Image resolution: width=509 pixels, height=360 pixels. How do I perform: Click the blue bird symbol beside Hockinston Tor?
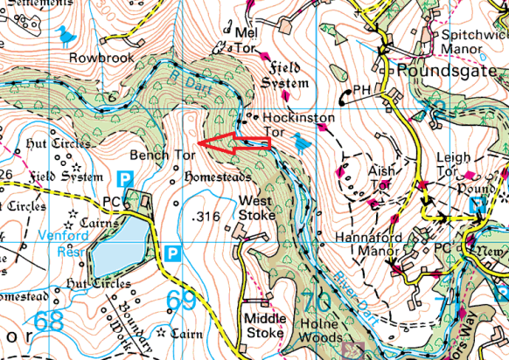click(x=303, y=141)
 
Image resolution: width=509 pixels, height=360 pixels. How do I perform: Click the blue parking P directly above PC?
click(x=125, y=178)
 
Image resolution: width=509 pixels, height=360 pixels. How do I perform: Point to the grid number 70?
click(x=317, y=301)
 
